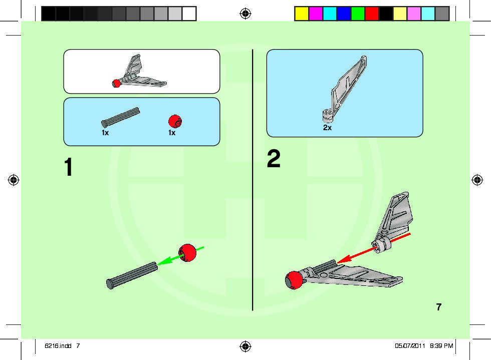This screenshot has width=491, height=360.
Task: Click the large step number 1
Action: [x=69, y=167]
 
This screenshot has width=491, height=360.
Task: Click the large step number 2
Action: [x=274, y=159]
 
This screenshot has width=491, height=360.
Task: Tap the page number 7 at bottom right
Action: [x=439, y=307]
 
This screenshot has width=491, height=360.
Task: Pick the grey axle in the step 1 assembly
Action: [x=132, y=275]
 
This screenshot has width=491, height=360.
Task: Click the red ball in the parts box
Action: [x=175, y=121]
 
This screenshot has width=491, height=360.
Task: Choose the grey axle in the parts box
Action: [x=120, y=117]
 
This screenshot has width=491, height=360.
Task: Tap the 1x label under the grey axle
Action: [x=105, y=133]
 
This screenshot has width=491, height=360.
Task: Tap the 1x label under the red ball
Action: [x=172, y=133]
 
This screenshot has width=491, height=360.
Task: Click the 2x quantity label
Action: [x=327, y=128]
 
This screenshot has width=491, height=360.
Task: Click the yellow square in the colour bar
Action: [x=301, y=14]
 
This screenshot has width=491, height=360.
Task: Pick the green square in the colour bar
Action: [x=357, y=14]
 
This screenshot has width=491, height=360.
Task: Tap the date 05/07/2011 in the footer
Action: [x=409, y=345]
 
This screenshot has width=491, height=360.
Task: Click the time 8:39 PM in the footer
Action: [x=441, y=345]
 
